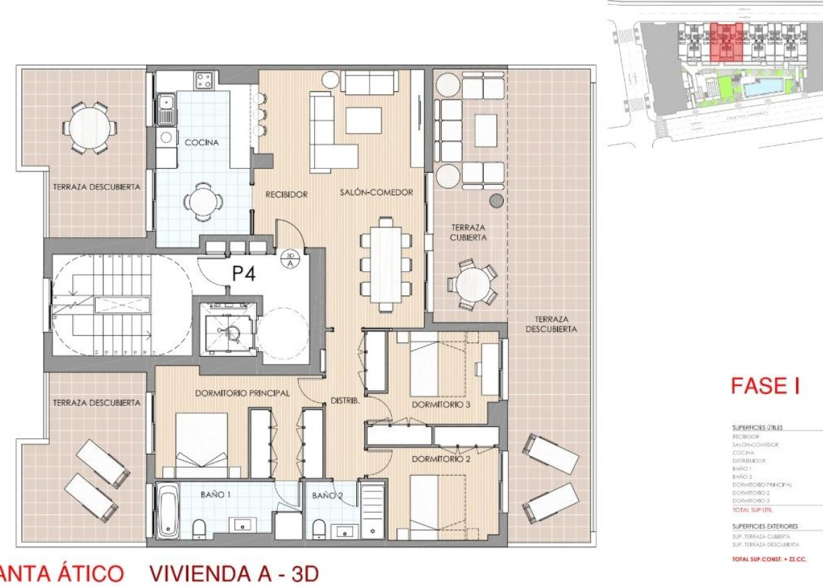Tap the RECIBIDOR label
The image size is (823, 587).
(286, 194)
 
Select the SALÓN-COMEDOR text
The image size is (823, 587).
(376, 193)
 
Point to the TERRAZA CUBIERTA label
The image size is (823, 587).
(469, 233)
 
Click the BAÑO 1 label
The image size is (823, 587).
(215, 495)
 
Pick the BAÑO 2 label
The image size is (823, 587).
(327, 496)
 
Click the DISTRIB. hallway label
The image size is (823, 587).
(344, 401)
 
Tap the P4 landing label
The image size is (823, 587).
(244, 274)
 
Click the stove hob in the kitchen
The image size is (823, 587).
(204, 82)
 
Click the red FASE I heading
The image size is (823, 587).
(765, 386)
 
